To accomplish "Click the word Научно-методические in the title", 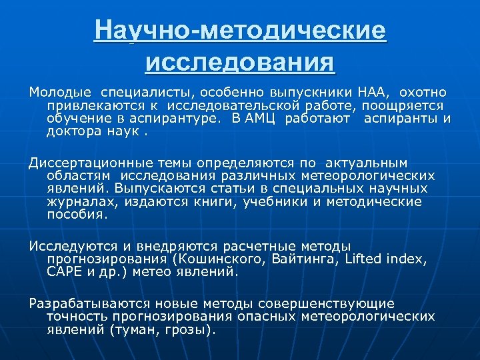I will tap(240, 31).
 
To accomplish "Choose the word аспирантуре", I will tap(173, 119).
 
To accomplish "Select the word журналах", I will tap(78, 201).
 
